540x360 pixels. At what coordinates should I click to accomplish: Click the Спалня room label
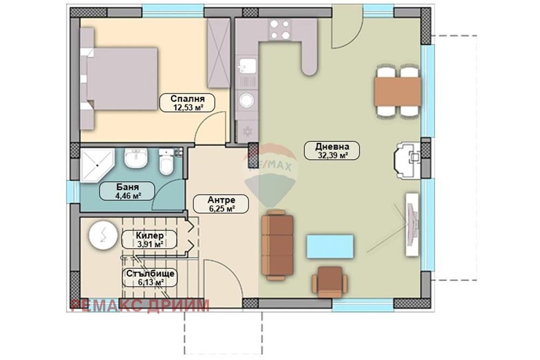click(x=187, y=98)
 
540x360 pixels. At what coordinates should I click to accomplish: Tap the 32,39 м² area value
click(x=332, y=155)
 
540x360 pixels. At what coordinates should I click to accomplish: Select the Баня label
click(x=127, y=187)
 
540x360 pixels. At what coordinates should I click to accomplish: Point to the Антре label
click(x=221, y=200)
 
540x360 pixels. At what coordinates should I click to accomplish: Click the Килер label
click(x=150, y=235)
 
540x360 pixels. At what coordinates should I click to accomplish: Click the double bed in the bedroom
click(x=119, y=79)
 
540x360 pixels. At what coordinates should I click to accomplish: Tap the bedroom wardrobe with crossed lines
click(x=219, y=53)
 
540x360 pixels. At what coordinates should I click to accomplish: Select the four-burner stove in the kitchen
click(x=279, y=30)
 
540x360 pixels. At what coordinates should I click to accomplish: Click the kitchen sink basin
click(x=247, y=66)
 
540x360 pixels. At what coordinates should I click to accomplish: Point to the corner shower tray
click(x=97, y=165)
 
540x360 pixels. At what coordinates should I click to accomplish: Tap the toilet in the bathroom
click(x=166, y=161)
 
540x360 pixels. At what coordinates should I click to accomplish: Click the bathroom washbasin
click(x=136, y=158)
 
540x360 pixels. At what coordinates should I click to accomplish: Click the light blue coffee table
click(x=330, y=247)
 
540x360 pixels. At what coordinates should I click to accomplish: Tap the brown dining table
click(x=397, y=92)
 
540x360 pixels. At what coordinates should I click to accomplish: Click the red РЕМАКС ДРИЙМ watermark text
click(x=140, y=305)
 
